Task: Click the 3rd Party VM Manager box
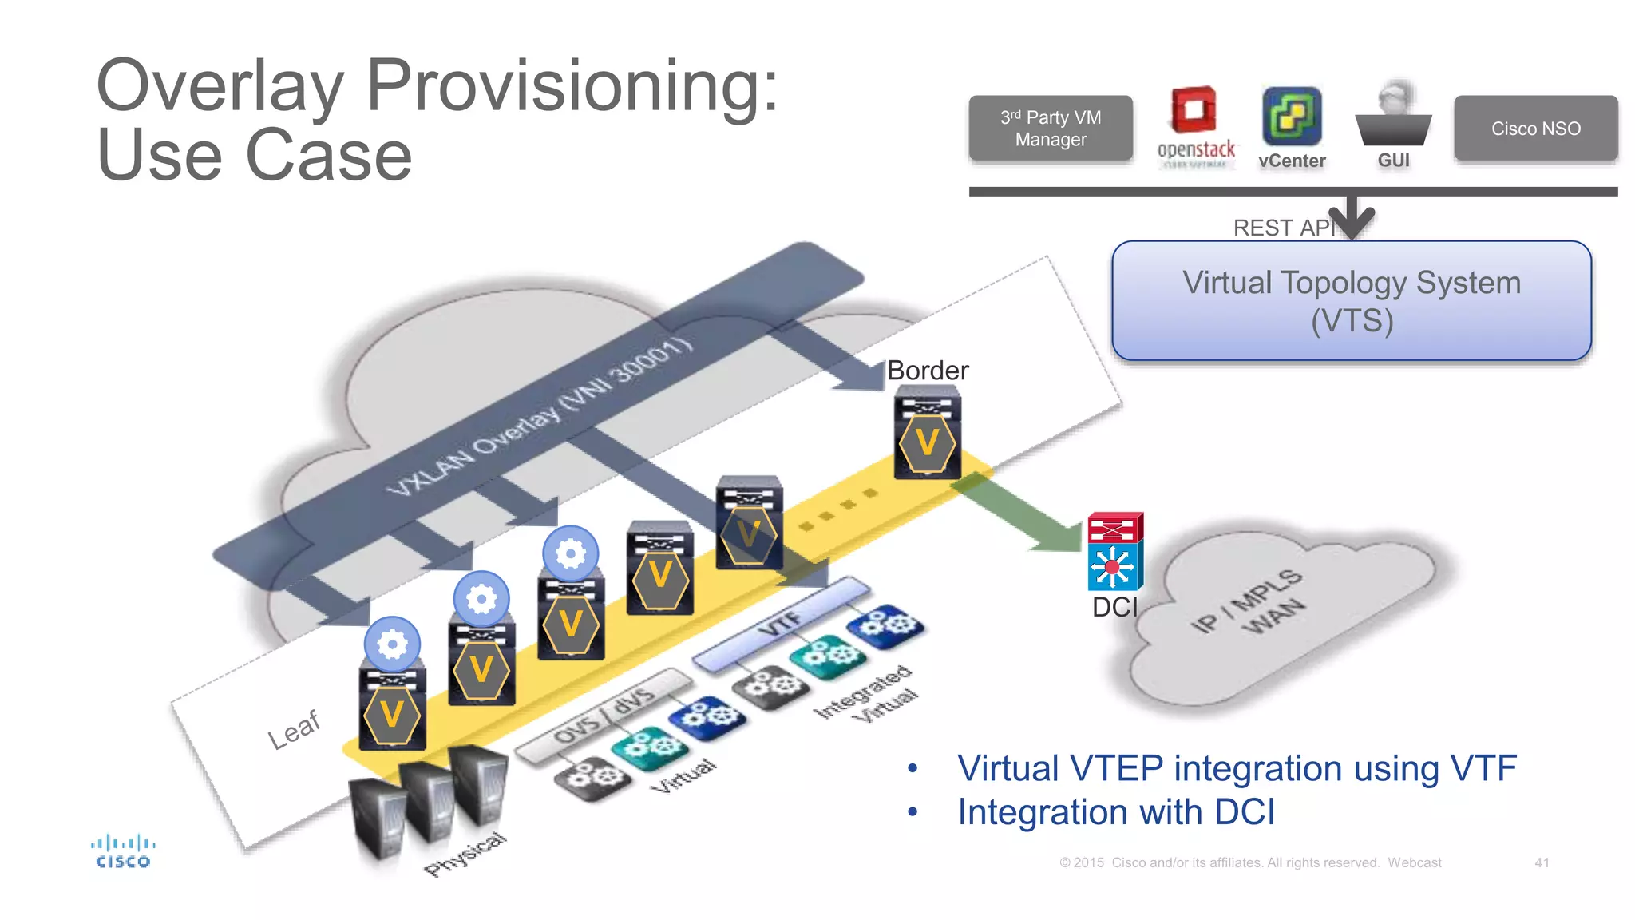(1050, 129)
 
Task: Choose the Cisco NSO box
(1535, 129)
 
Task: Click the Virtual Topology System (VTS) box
(1351, 301)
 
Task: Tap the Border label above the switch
(928, 371)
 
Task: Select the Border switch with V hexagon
(927, 434)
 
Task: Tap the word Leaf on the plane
(294, 728)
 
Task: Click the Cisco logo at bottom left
(123, 851)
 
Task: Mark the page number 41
(1542, 862)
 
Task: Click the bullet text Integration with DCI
(1116, 812)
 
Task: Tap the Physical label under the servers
(465, 854)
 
